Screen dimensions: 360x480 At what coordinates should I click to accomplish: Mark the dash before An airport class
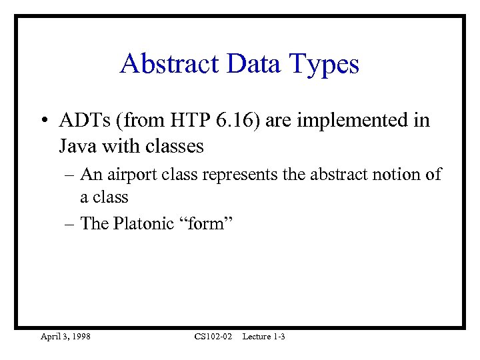[x=69, y=175]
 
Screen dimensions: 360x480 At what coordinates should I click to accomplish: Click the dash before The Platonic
[x=69, y=223]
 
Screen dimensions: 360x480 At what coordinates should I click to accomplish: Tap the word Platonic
[x=141, y=223]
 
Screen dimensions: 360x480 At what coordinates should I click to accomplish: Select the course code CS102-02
[x=213, y=337]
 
